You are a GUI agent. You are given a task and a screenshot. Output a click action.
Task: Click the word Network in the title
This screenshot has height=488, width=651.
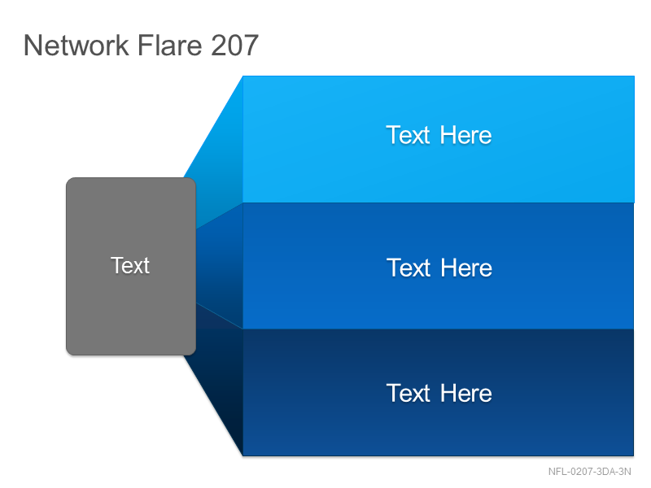coord(76,45)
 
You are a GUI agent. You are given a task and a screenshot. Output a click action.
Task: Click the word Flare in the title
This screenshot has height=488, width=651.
coord(169,45)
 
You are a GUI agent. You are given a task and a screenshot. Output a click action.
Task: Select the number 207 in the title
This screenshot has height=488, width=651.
coord(234,45)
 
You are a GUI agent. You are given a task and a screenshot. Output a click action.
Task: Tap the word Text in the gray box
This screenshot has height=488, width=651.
coord(130,265)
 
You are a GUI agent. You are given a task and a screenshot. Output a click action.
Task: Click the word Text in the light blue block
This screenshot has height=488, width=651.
coord(409,135)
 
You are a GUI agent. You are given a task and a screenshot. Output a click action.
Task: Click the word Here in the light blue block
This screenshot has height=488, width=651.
coord(465,135)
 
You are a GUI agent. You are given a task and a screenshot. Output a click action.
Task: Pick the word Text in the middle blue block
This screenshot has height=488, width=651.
coord(409,268)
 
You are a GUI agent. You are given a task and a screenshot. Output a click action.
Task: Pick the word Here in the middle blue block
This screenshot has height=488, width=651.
coord(466,268)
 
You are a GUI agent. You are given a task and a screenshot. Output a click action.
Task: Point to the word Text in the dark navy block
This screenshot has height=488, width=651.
coord(409,393)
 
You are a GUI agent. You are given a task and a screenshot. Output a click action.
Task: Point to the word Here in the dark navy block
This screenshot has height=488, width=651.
coord(465,393)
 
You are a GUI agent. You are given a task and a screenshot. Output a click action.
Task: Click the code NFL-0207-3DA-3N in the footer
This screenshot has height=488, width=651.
coord(589,472)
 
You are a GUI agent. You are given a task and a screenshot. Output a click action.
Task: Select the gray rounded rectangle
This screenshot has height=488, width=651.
coord(131,267)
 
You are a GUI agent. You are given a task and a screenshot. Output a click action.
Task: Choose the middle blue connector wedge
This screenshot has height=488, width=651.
coord(219,266)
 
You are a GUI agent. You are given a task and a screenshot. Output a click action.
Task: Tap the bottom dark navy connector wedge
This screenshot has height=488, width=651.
coord(219,373)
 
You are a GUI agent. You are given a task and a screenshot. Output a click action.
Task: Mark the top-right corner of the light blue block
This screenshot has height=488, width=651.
coord(635,76)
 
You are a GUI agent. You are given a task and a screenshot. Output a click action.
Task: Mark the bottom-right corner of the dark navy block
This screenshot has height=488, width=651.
coord(634,456)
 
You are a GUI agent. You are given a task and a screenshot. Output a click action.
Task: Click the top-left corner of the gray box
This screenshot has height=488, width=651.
coord(67,178)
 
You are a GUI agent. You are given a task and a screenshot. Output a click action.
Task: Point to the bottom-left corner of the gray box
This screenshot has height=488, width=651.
coord(67,355)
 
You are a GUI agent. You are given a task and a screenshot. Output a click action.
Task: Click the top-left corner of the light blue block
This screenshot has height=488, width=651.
coord(242,76)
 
